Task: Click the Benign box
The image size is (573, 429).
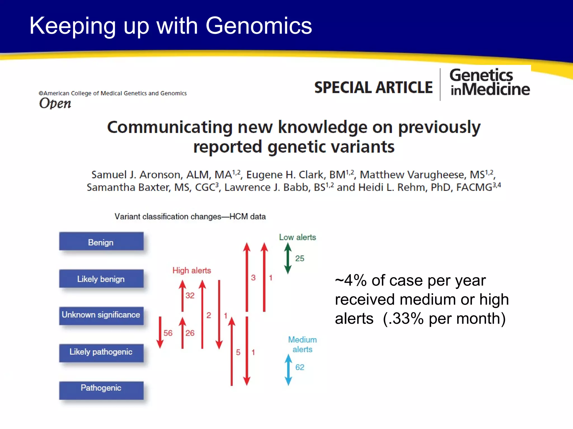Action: [x=101, y=242]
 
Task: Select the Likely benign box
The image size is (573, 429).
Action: [x=101, y=279]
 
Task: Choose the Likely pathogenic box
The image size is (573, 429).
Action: [x=101, y=352]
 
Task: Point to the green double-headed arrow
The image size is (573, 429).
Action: [x=288, y=258]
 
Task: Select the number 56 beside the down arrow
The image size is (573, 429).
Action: [x=168, y=333]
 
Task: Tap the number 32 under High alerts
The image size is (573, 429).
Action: [x=190, y=295]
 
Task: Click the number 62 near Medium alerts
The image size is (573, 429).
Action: [x=300, y=367]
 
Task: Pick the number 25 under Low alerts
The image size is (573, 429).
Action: [x=300, y=258]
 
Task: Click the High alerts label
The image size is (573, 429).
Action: [x=192, y=270]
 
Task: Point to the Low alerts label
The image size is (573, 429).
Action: [x=297, y=237]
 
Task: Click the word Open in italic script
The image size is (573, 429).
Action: [x=55, y=103]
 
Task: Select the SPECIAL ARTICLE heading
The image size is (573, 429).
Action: [x=373, y=87]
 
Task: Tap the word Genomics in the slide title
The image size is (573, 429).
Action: [x=259, y=26]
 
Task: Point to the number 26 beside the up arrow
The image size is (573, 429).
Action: [x=190, y=333]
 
